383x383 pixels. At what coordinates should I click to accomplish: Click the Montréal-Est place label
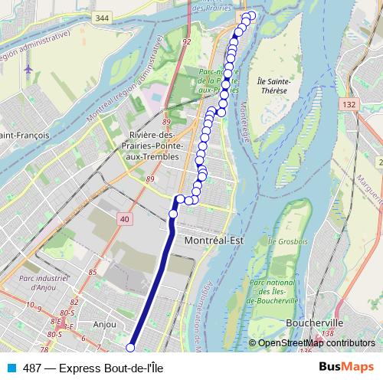click(214, 240)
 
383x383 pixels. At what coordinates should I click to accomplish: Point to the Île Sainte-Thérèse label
click(273, 84)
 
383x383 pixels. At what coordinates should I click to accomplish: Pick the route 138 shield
click(328, 335)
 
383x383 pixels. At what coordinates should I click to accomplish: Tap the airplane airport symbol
click(28, 68)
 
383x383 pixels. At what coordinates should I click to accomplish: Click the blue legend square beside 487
click(11, 367)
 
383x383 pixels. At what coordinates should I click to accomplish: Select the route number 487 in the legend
click(32, 367)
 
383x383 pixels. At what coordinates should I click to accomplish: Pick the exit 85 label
click(93, 272)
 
